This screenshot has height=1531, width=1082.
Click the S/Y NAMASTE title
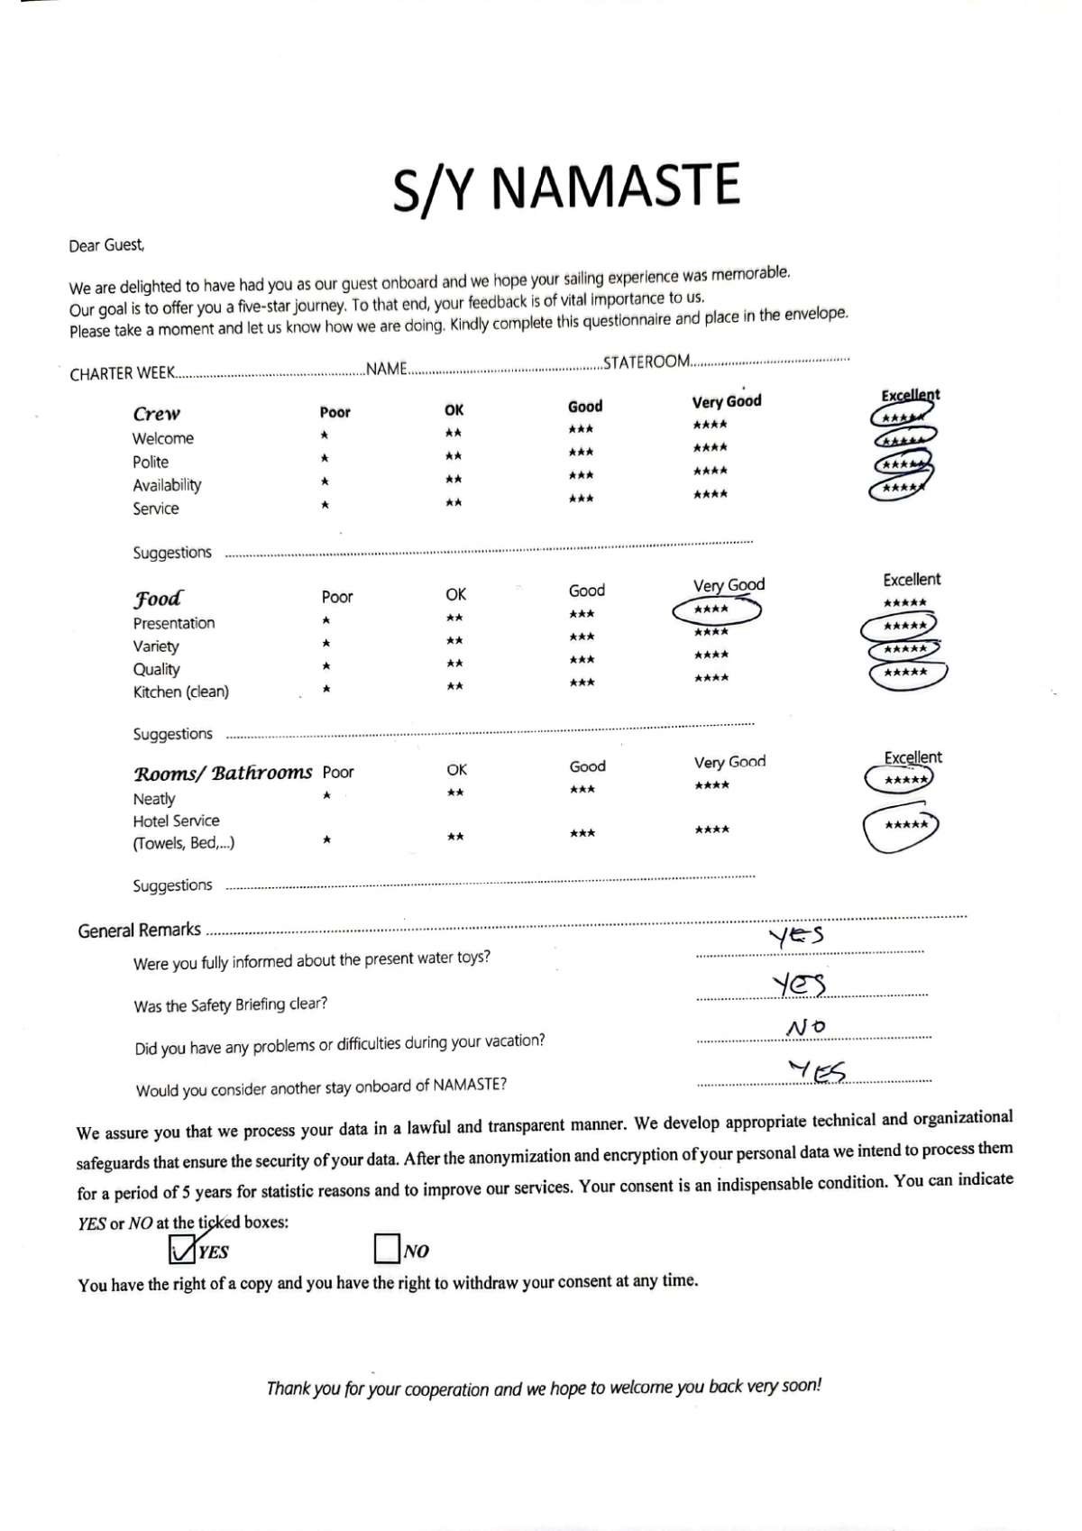point(566,187)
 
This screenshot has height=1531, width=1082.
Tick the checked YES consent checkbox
point(181,1248)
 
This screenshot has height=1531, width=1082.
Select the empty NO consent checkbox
point(386,1249)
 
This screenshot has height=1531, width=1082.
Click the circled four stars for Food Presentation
point(712,610)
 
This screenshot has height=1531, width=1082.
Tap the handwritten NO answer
point(805,1027)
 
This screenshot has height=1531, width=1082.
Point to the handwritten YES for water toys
point(796,937)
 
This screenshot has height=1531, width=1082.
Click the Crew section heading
point(156,414)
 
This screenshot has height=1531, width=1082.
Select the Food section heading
point(157,599)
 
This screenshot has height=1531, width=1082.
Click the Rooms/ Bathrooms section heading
point(222,774)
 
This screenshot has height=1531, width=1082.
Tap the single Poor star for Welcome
point(325,435)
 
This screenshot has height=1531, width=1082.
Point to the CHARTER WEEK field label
point(121,373)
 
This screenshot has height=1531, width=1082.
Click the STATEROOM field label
point(646,362)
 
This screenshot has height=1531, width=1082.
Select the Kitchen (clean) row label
point(180,692)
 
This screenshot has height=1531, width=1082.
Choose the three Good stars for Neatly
point(582,790)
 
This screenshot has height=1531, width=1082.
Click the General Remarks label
point(139,931)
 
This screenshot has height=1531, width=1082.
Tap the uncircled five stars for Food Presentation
point(904,603)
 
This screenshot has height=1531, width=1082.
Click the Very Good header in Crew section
point(726,402)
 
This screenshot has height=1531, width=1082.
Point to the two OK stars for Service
point(454,503)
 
